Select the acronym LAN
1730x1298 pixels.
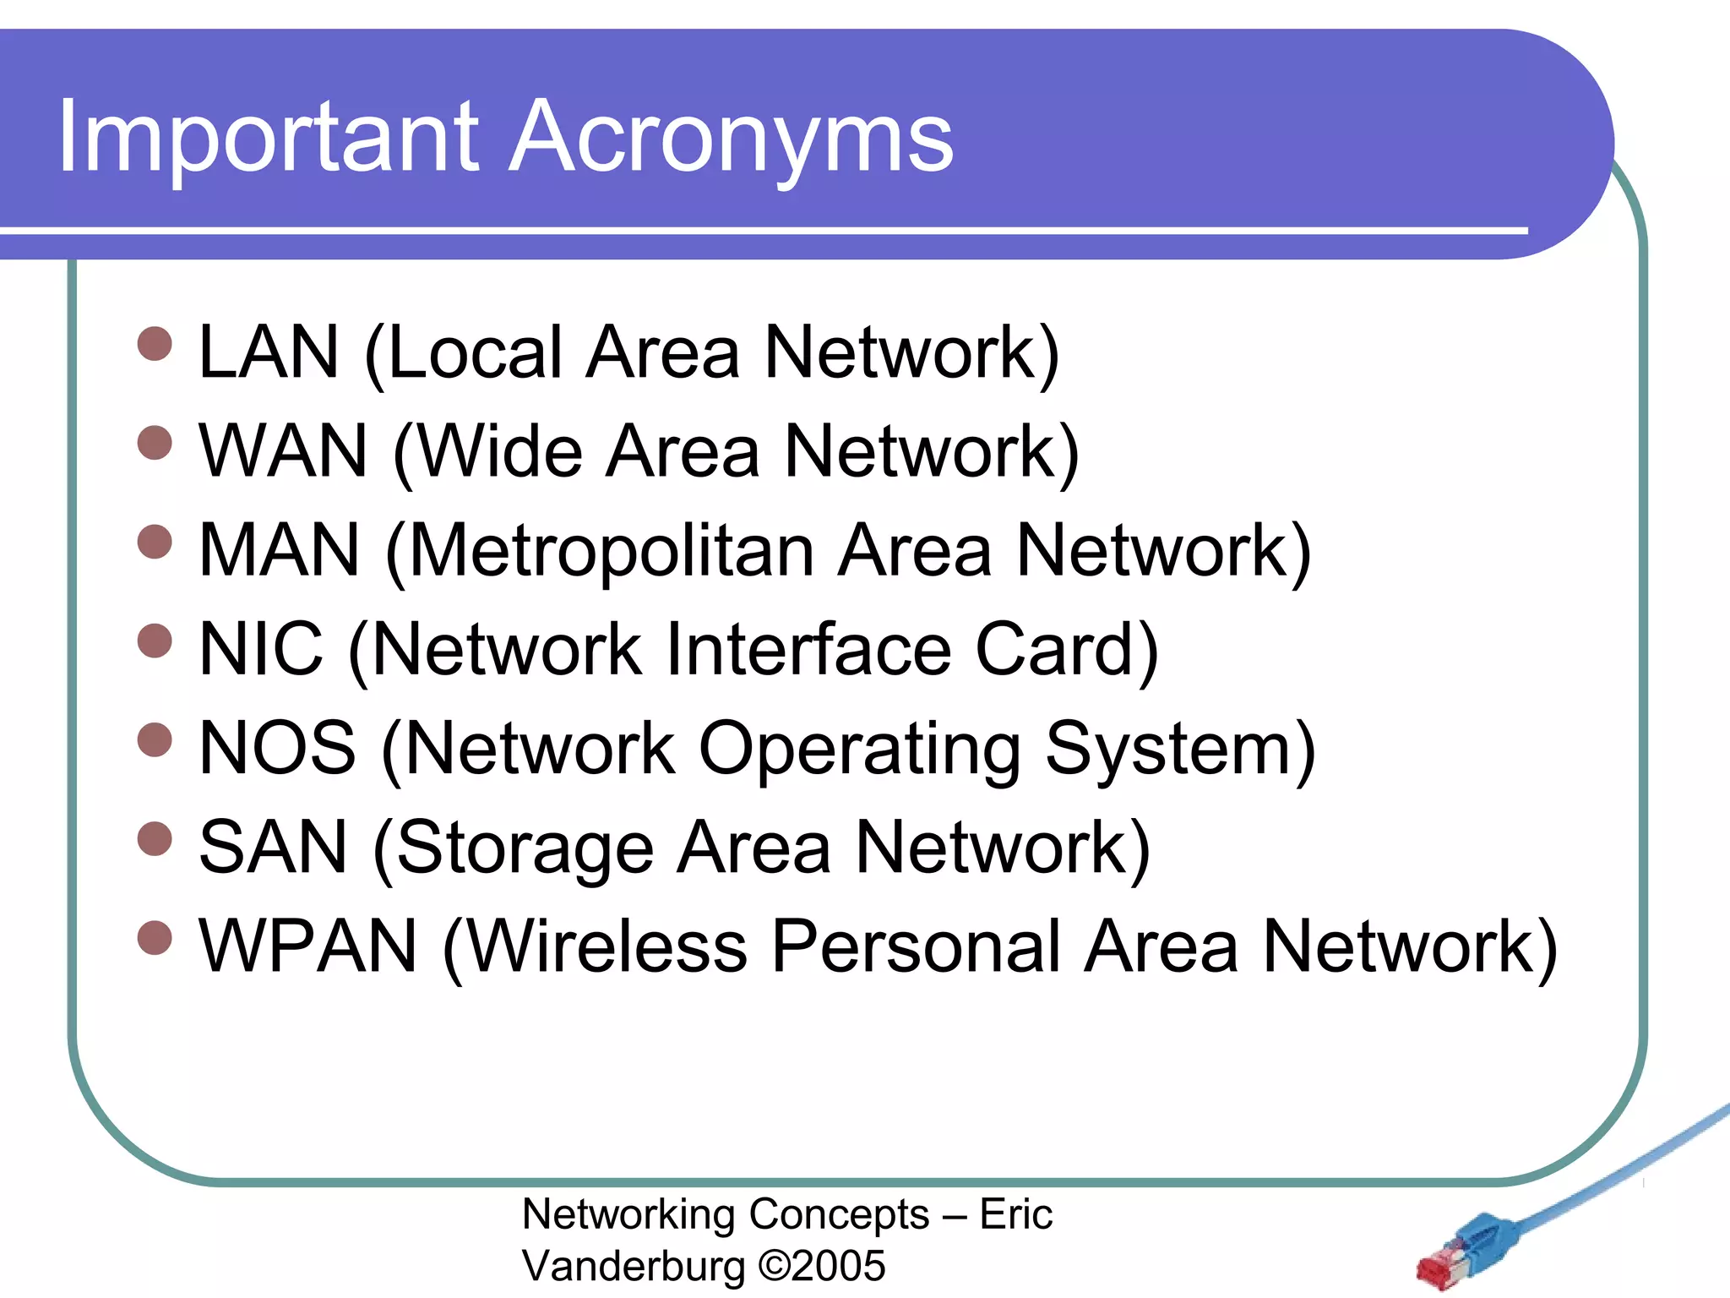point(269,352)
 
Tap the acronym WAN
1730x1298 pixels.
point(283,451)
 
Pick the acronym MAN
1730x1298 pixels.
point(279,550)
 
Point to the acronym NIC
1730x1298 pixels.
point(261,649)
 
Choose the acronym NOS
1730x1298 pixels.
point(277,748)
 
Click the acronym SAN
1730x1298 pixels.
point(273,847)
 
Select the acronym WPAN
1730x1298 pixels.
point(307,946)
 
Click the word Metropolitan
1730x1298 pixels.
point(614,550)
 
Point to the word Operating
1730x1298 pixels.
point(859,750)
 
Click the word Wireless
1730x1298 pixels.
point(607,946)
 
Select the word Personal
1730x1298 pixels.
point(917,946)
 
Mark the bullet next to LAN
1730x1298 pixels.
point(155,344)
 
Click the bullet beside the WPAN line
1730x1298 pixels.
point(155,937)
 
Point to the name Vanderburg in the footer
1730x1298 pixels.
point(634,1266)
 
